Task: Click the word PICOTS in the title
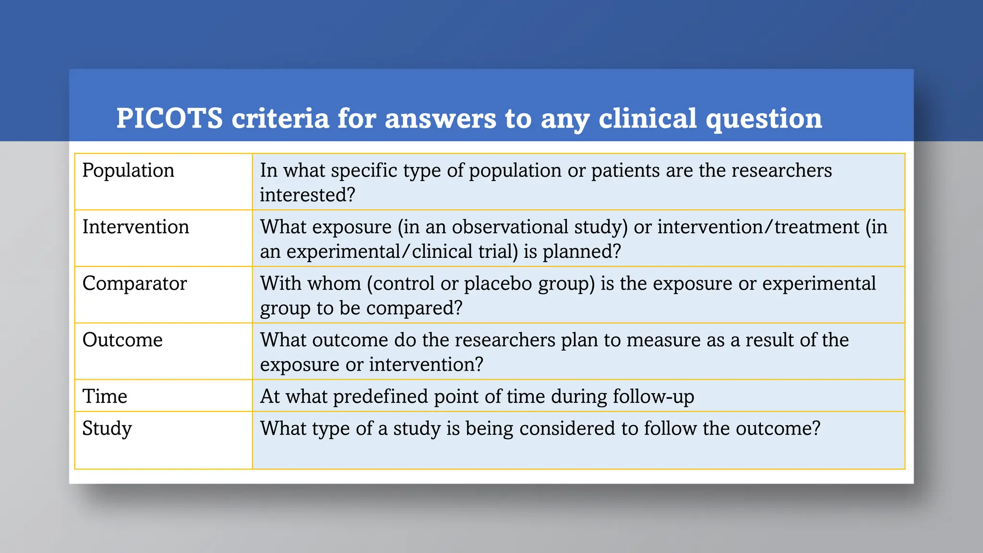click(169, 118)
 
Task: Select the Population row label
click(128, 170)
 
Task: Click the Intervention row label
click(136, 227)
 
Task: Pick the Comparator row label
click(134, 283)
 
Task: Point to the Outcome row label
click(122, 340)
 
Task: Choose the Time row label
click(105, 397)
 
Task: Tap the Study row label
click(107, 428)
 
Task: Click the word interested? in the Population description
click(307, 195)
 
